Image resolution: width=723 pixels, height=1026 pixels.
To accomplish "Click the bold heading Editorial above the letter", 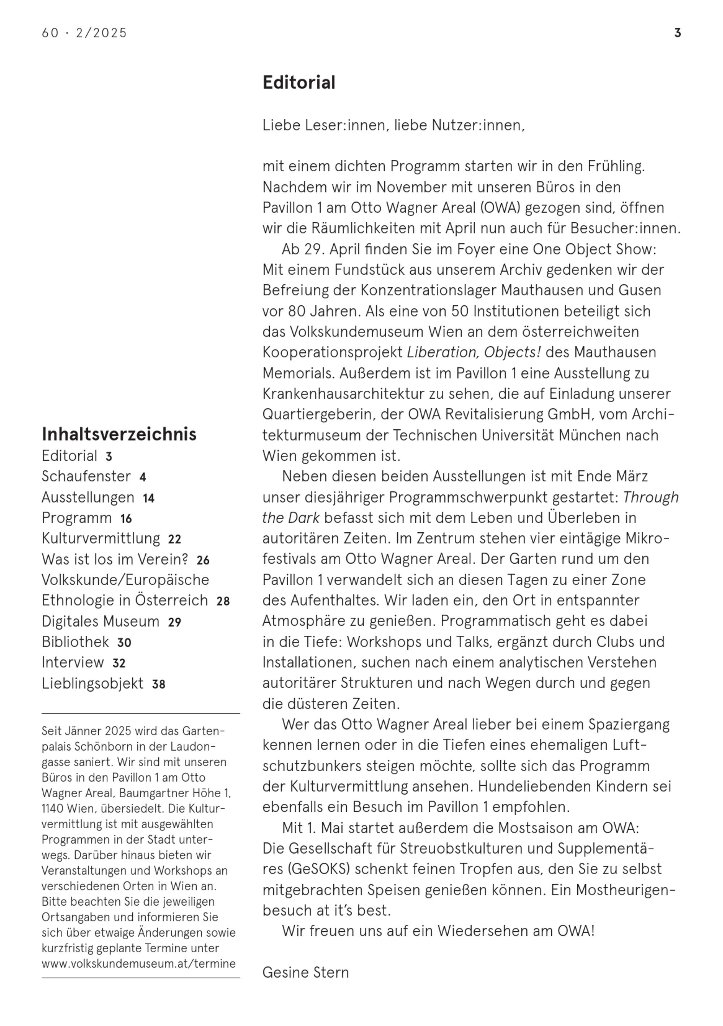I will point(299,83).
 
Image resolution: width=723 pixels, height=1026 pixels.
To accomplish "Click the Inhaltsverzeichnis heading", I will point(119,434).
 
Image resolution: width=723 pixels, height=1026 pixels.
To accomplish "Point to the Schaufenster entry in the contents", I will point(86,476).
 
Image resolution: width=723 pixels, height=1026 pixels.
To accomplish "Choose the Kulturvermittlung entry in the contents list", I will point(100,538).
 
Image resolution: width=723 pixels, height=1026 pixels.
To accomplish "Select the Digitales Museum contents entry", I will point(100,621).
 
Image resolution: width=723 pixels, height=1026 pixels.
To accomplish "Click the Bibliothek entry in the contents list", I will point(75,642).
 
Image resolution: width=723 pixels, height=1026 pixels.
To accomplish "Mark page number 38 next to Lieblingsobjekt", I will point(159,684).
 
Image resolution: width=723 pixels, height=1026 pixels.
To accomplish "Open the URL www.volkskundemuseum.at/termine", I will point(138,963).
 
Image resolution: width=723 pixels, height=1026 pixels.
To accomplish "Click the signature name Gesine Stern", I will point(305,973).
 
